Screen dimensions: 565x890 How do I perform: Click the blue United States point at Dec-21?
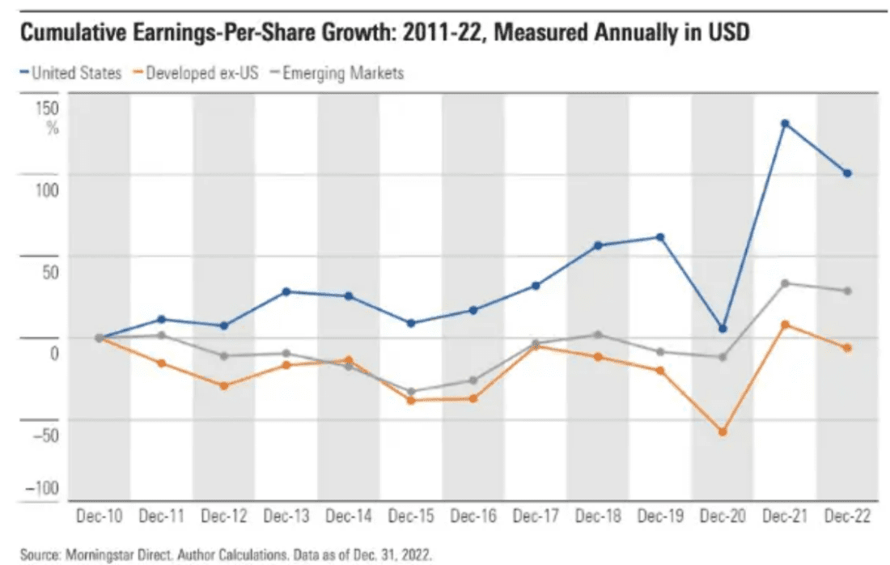point(784,124)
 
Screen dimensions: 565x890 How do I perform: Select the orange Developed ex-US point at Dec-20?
point(723,431)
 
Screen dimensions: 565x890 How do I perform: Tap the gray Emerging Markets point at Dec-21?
point(784,283)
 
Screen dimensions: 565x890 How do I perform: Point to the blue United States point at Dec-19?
point(660,237)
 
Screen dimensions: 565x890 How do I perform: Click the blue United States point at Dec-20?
point(723,329)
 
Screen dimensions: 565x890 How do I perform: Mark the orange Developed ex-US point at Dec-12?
point(223,385)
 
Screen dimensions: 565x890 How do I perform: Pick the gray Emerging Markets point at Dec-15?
point(410,392)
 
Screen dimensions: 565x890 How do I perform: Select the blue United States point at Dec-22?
point(847,173)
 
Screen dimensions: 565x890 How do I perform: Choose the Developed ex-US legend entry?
point(196,74)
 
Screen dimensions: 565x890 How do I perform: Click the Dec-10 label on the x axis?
point(99,516)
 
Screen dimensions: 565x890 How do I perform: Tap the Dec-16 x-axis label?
point(473,516)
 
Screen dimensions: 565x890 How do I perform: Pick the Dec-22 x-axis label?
point(846,516)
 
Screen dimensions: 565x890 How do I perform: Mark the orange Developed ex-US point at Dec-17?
point(536,346)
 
